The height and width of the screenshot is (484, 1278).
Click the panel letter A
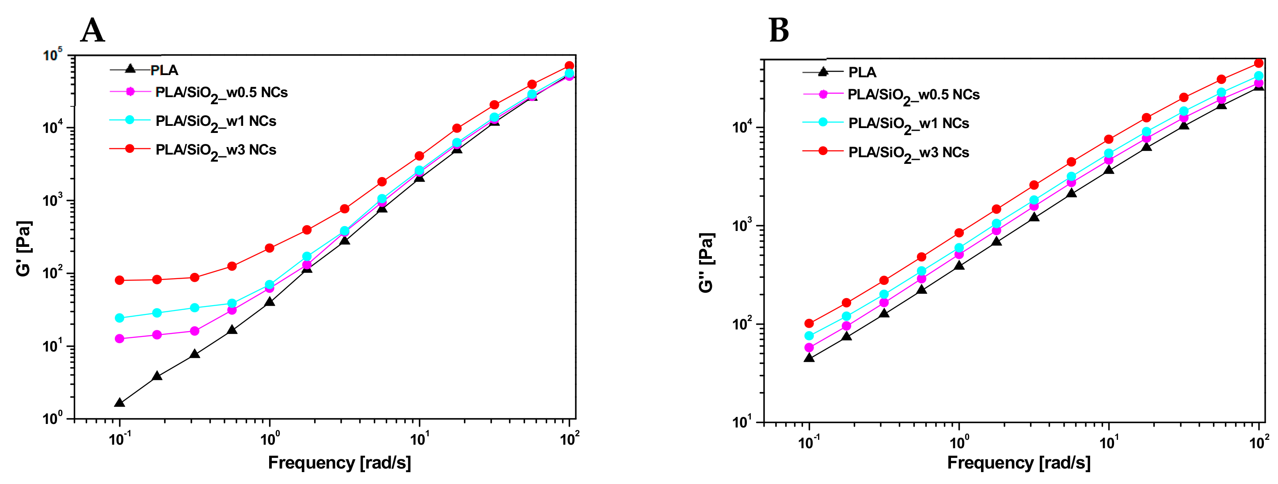point(93,31)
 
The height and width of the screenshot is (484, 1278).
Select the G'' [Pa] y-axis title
point(706,263)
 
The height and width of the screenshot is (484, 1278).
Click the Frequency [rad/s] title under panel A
point(339,463)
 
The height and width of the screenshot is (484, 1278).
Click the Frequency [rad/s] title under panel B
point(1019,463)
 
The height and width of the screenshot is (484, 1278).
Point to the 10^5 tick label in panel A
point(53,55)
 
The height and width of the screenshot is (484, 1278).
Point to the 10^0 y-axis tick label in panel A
point(53,418)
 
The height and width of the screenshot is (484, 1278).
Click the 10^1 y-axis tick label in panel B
point(742,422)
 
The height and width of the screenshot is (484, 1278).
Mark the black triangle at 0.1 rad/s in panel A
point(120,403)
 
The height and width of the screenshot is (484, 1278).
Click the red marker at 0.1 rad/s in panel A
point(120,280)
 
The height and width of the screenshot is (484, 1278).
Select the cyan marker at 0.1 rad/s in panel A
point(120,318)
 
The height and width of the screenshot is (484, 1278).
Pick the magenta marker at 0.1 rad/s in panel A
point(120,339)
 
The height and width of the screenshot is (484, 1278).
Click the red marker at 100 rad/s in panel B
point(1259,63)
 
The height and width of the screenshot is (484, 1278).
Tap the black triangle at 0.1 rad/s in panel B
point(809,358)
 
